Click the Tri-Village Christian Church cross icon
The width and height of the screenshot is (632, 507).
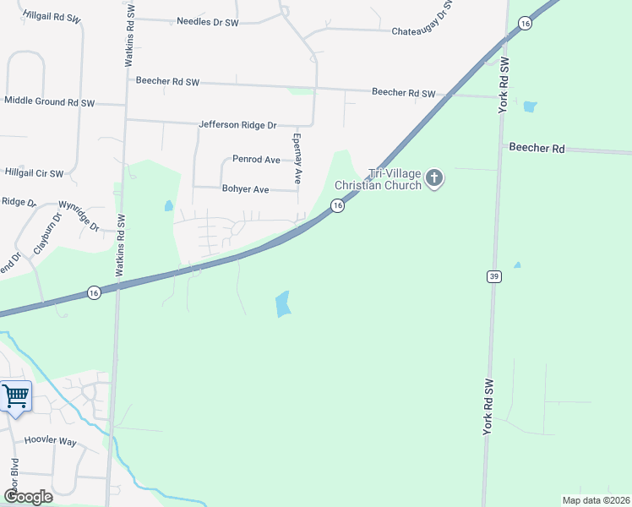434,178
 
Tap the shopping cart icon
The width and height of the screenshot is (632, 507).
14,395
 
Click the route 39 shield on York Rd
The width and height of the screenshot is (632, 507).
494,276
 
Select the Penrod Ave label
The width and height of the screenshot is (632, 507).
256,159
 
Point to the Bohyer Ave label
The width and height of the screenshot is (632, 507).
245,189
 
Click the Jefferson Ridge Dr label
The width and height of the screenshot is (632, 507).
237,125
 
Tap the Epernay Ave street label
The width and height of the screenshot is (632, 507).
297,158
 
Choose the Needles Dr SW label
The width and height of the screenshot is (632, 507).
208,21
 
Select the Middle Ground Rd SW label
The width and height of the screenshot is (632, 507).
49,101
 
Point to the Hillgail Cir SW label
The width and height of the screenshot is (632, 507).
34,173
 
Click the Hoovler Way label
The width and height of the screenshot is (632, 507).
51,441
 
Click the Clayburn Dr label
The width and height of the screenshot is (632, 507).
37,239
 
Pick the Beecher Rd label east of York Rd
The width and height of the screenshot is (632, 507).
536,147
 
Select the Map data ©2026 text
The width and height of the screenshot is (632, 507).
596,500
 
